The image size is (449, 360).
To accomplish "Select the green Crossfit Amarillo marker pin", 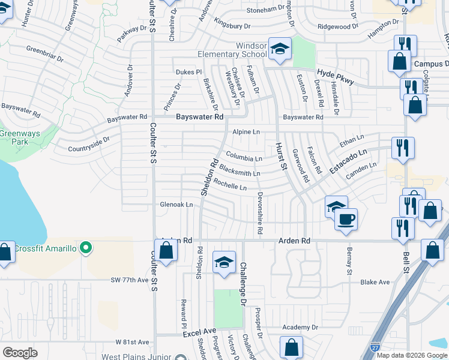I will (x=86, y=247).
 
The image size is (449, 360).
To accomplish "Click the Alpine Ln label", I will (x=246, y=132).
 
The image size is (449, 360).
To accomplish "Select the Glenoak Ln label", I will (x=176, y=205).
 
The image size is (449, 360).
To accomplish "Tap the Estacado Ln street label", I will (x=348, y=163).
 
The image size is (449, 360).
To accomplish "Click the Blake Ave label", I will (x=375, y=282).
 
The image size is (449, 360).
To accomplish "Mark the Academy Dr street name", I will (x=300, y=328).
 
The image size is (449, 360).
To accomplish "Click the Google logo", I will (x=20, y=353).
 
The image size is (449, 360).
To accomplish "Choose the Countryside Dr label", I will (x=89, y=144).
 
